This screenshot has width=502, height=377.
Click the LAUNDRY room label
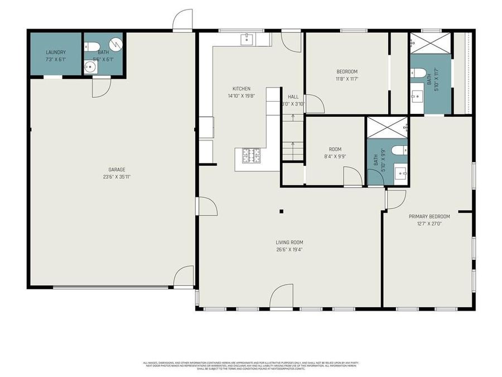tap(56, 53)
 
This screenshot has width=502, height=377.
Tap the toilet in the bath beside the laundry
tap(94, 46)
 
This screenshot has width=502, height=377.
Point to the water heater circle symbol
tap(115, 44)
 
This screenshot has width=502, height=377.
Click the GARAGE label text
tap(117, 170)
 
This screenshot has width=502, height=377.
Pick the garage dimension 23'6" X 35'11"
tap(117, 177)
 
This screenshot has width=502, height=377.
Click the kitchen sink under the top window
tap(247, 39)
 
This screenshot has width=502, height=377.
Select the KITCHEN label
tap(241, 89)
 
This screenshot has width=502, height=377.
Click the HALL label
tap(293, 97)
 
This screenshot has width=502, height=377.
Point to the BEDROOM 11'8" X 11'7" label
tap(346, 71)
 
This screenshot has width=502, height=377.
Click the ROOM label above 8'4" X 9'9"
tap(335, 149)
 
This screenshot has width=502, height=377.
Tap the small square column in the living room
tap(282, 211)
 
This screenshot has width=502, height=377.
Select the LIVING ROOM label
tap(289, 242)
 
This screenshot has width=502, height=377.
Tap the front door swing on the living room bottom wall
tap(282, 297)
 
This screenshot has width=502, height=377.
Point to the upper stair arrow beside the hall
tap(293, 117)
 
